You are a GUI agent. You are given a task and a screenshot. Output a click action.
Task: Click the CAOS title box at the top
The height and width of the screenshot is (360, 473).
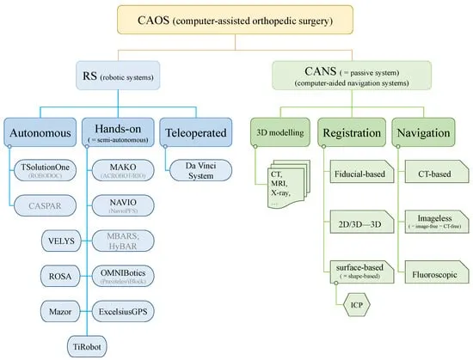point(236,17)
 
